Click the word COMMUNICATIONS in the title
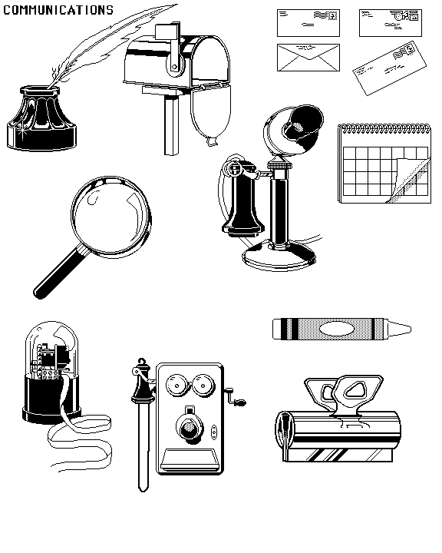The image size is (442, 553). (x=58, y=10)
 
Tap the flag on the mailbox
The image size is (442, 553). (x=168, y=31)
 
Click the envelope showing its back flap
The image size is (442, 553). (x=308, y=58)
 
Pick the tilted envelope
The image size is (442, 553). (x=389, y=68)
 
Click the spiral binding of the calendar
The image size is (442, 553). (x=384, y=128)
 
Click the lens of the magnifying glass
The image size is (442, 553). (x=111, y=216)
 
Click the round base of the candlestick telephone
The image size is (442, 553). (x=279, y=257)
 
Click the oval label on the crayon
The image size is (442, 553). (x=337, y=329)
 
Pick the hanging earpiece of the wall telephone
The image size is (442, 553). (x=143, y=423)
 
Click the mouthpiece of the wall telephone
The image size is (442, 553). (x=190, y=428)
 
